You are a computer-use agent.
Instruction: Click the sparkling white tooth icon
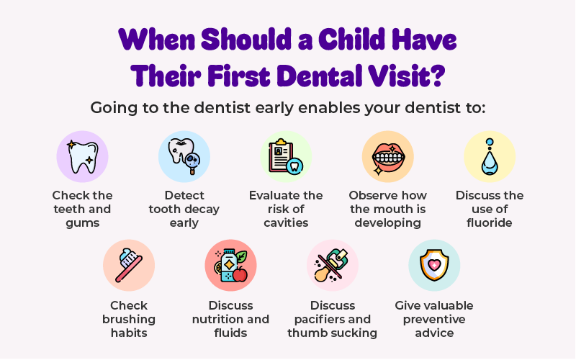pos(83,157)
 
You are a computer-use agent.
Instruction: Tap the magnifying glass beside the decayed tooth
pos(192,163)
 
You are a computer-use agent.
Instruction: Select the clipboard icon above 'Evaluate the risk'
pos(282,156)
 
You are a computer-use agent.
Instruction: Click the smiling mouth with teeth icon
pos(388,158)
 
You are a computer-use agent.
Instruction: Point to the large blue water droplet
pos(490,163)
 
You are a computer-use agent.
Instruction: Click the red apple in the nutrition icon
pos(240,274)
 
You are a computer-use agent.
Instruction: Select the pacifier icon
pos(332,265)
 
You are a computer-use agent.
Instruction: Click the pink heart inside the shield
pos(434,264)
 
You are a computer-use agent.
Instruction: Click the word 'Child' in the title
pos(351,40)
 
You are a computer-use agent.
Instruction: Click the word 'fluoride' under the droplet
pos(490,222)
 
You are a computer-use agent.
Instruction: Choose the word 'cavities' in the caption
pos(286,222)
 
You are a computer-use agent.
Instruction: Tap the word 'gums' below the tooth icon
pos(83,223)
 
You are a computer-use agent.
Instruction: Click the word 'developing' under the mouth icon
pos(388,223)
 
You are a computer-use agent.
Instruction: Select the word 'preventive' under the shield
pos(434,320)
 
